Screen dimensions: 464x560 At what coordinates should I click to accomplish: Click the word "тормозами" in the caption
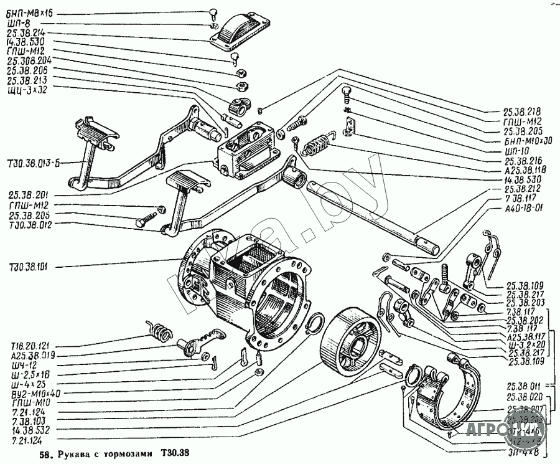click(129, 453)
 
